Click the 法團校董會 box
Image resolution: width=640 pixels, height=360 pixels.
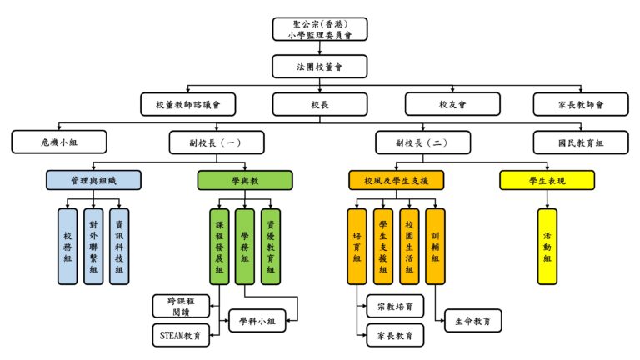(320, 67)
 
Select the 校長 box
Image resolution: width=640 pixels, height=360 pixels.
(320, 104)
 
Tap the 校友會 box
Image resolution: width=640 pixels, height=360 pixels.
(452, 104)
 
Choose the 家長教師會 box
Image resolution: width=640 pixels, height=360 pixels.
(580, 104)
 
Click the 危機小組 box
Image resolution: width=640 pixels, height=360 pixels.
(59, 142)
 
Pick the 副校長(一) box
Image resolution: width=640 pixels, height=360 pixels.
(217, 142)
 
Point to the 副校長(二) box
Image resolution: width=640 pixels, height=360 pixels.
(422, 142)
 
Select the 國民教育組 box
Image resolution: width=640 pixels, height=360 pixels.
(580, 142)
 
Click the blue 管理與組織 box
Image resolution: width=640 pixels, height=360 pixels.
(93, 180)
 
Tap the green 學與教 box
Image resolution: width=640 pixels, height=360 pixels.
(245, 180)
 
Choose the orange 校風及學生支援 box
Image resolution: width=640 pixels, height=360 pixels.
(396, 180)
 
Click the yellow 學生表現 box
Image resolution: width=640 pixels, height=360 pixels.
(547, 180)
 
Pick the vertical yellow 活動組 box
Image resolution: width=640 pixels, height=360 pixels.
(547, 246)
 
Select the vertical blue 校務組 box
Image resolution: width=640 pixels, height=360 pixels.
(67, 246)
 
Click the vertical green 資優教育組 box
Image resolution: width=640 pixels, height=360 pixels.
(271, 247)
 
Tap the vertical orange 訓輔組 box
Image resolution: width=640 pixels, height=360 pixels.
(435, 246)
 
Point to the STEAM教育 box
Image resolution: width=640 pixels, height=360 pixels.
(181, 335)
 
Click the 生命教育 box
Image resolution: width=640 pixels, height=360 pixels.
(472, 321)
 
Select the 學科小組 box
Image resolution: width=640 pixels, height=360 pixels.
(257, 321)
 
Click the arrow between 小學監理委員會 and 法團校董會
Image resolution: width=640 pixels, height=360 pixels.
(320, 47)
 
